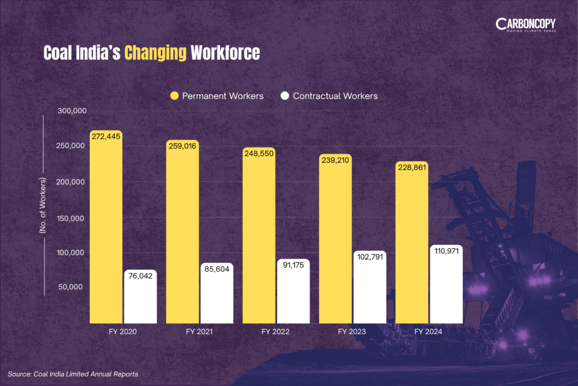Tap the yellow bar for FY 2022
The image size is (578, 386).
(259, 237)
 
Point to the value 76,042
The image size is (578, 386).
(141, 276)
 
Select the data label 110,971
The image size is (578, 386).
(446, 251)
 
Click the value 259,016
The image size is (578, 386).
(182, 146)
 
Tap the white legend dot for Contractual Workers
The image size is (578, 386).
(284, 96)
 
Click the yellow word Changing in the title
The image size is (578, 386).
(155, 53)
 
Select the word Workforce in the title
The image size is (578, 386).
(225, 53)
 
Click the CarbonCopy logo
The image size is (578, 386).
(526, 25)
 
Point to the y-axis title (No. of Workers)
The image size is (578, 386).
(42, 206)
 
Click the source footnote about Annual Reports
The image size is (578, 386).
(73, 374)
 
